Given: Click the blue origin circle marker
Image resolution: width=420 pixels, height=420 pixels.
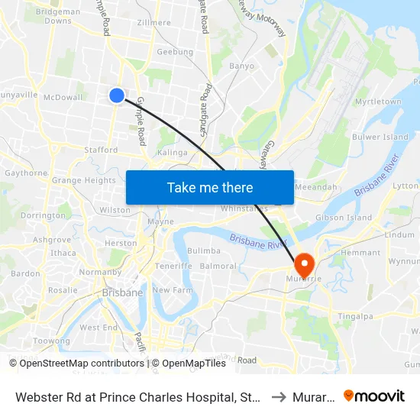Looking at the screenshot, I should click(117, 95).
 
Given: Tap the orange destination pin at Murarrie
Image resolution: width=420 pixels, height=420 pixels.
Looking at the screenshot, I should click(304, 264).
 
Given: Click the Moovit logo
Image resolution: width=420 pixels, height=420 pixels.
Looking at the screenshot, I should click(374, 396).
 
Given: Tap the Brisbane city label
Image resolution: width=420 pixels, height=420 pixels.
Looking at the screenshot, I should click(122, 292).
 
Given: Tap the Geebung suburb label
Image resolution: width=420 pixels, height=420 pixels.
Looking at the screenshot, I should click(174, 52).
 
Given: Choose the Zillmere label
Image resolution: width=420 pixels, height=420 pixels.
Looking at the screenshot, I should click(154, 23).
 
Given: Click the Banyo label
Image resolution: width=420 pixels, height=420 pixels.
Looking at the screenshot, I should click(241, 66).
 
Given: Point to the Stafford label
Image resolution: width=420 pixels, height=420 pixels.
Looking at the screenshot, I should click(101, 150).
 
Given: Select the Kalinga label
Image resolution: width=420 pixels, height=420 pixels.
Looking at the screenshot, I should click(172, 153).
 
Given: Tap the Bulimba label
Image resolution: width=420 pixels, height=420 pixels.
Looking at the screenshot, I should click(203, 250).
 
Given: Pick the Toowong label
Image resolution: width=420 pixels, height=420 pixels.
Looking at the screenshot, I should click(52, 341).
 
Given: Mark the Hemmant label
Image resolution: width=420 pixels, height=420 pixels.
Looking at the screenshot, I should click(360, 253).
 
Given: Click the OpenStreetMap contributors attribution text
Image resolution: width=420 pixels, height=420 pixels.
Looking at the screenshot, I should click(76, 363).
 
